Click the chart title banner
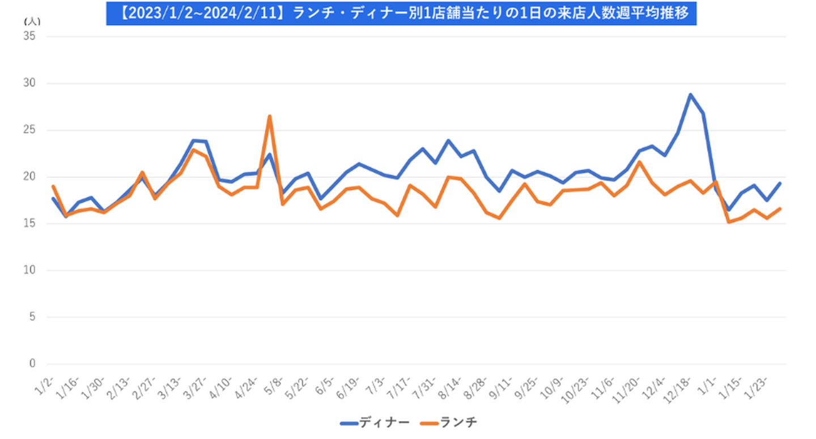tap(401, 12)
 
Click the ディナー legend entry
tap(375, 423)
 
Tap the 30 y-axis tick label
tap(29, 83)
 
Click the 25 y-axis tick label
tap(29, 130)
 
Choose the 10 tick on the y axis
tap(29, 270)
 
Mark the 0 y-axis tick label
tap(32, 364)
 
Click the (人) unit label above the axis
tap(32, 21)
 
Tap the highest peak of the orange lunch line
tap(270, 116)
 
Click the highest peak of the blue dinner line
tap(690, 95)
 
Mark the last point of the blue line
tap(780, 183)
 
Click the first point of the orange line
tap(53, 186)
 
